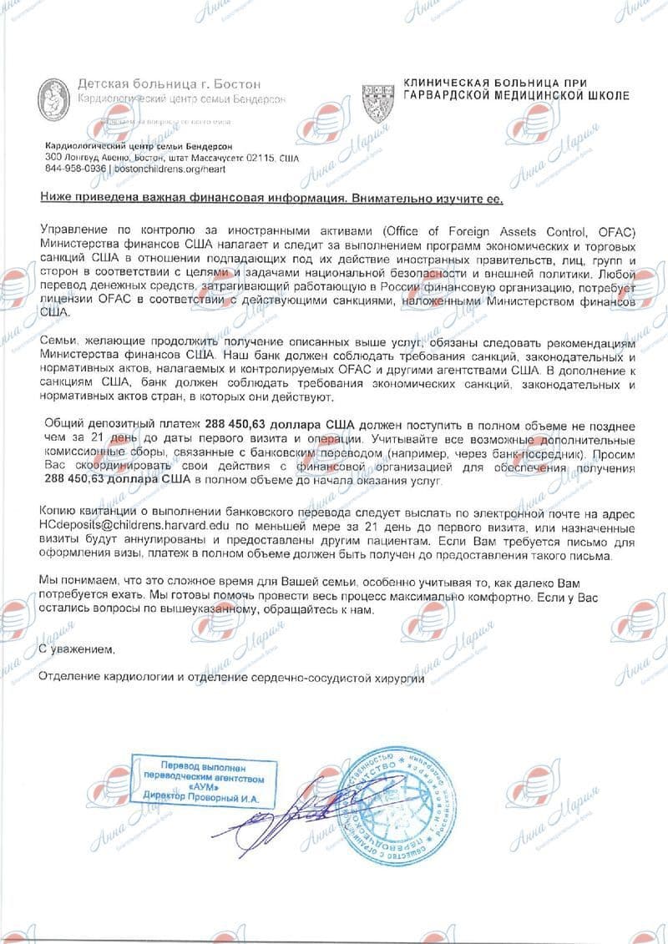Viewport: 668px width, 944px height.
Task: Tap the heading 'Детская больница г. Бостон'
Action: pos(169,84)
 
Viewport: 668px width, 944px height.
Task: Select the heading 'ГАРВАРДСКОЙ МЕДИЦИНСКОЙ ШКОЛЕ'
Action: pos(516,96)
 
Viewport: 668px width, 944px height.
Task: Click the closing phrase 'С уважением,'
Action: pos(74,649)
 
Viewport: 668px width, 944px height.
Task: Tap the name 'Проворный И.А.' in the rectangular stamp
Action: pos(227,798)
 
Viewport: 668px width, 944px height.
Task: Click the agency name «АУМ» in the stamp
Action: pos(205,787)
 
